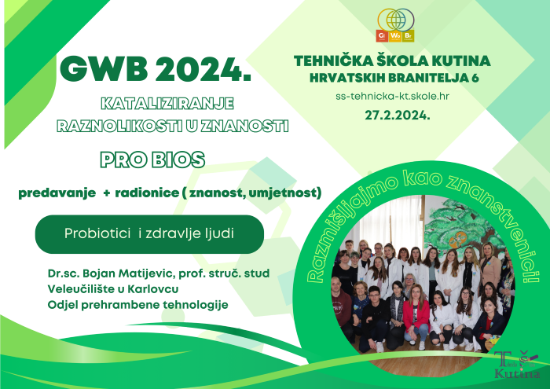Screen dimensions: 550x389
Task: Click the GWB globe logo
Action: (x=395, y=25)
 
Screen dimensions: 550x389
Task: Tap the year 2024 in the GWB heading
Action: (x=203, y=69)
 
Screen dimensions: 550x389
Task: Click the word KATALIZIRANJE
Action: (x=167, y=104)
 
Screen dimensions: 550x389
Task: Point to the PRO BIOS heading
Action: (x=152, y=160)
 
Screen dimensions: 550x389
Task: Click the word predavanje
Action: (x=57, y=193)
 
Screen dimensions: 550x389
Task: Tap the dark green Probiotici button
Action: (x=149, y=234)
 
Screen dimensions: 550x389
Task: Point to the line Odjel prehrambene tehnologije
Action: (x=137, y=305)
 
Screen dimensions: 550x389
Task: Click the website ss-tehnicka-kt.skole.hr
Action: (x=393, y=97)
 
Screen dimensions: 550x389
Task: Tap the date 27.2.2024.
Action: (x=398, y=115)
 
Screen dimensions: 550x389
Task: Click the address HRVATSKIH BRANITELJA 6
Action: (x=394, y=78)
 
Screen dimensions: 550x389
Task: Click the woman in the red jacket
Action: (x=416, y=315)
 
